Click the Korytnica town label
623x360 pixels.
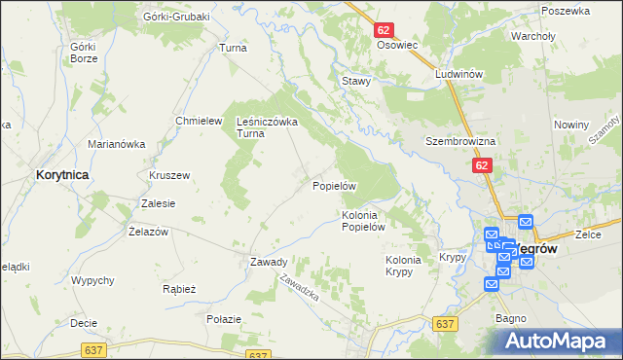62,174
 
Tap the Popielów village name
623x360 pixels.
336,185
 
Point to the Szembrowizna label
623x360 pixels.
460,141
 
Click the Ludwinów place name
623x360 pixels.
460,74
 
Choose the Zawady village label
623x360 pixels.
268,262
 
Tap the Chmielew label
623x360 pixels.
195,121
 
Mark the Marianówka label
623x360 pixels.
117,144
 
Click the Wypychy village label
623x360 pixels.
93,280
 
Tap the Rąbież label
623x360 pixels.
180,289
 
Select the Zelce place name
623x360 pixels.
586,234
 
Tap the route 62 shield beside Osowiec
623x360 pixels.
384,31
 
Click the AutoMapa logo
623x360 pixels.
559,341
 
